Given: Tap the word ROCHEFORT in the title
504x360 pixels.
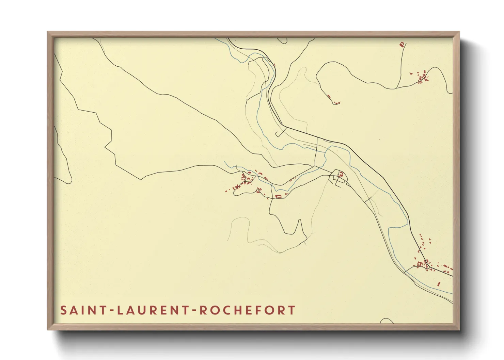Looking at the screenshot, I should click(x=247, y=310).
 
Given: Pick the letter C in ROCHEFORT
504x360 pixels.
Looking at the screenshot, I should click(x=225, y=310).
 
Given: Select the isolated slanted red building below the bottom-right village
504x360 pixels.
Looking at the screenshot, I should click(x=439, y=283).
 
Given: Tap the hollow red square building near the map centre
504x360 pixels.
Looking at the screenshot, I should click(x=278, y=196).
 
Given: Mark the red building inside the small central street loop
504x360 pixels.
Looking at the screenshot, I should click(x=340, y=175).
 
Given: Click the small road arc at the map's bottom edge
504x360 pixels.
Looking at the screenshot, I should click(x=387, y=321).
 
